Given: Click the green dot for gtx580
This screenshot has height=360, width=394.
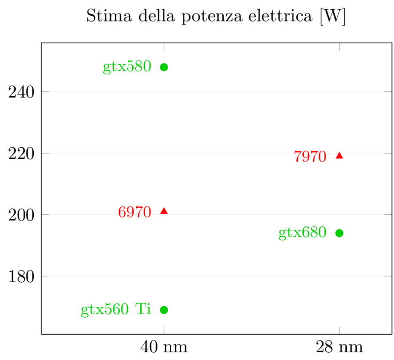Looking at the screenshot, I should pyautogui.click(x=164, y=67).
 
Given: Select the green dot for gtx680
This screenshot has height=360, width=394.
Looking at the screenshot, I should pyautogui.click(x=339, y=233).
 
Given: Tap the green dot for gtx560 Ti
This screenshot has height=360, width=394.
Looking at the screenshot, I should pyautogui.click(x=164, y=310).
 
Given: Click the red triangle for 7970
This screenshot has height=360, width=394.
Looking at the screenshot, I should pyautogui.click(x=339, y=156).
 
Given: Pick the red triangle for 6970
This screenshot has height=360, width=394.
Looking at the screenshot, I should pyautogui.click(x=164, y=211).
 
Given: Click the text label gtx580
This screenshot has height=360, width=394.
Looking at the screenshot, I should pyautogui.click(x=127, y=67).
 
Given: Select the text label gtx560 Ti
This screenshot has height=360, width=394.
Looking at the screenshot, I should pyautogui.click(x=116, y=310).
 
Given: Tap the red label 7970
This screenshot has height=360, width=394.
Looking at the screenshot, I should pyautogui.click(x=310, y=157).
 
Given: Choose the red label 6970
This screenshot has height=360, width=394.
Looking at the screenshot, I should pyautogui.click(x=134, y=213).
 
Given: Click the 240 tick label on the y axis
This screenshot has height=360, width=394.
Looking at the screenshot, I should pyautogui.click(x=22, y=92).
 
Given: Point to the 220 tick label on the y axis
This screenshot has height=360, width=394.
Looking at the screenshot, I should pyautogui.click(x=22, y=154).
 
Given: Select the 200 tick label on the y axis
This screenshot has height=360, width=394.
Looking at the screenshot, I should pyautogui.click(x=22, y=215).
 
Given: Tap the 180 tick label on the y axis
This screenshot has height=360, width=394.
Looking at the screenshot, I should pyautogui.click(x=22, y=276).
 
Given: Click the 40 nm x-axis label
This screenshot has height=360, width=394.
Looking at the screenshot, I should pyautogui.click(x=164, y=347).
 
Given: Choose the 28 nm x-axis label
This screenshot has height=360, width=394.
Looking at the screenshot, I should pyautogui.click(x=339, y=347).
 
